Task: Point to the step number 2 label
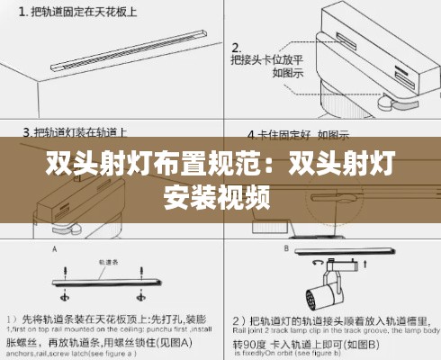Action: pyautogui.click(x=235, y=46)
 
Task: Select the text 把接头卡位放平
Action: pyautogui.click(x=261, y=60)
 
